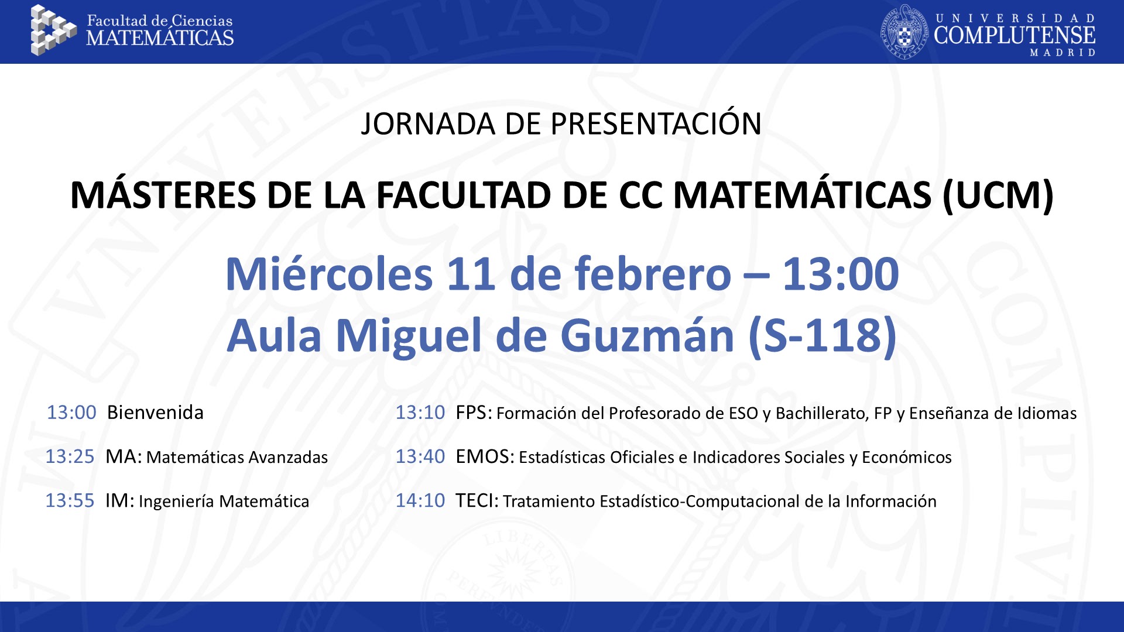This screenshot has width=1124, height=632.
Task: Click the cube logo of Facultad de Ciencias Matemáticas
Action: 53,30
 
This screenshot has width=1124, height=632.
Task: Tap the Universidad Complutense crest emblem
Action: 905,32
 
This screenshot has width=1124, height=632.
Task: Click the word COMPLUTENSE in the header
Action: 1015,35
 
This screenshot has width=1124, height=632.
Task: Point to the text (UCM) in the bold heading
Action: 998,195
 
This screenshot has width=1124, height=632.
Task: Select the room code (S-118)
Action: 823,336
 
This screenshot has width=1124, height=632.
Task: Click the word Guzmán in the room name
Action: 647,336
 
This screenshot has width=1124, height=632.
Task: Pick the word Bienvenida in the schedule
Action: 155,413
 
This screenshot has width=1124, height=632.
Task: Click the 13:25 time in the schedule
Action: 70,456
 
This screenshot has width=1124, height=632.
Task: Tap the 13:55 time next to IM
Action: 70,501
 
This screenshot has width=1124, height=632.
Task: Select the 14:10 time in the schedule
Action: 420,501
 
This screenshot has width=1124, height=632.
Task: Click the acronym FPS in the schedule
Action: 472,413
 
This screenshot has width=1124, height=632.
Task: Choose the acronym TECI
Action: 475,501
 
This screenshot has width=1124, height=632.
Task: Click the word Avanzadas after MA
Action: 288,458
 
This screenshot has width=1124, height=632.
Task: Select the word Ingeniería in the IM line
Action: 177,502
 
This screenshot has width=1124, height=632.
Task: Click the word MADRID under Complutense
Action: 1063,53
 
